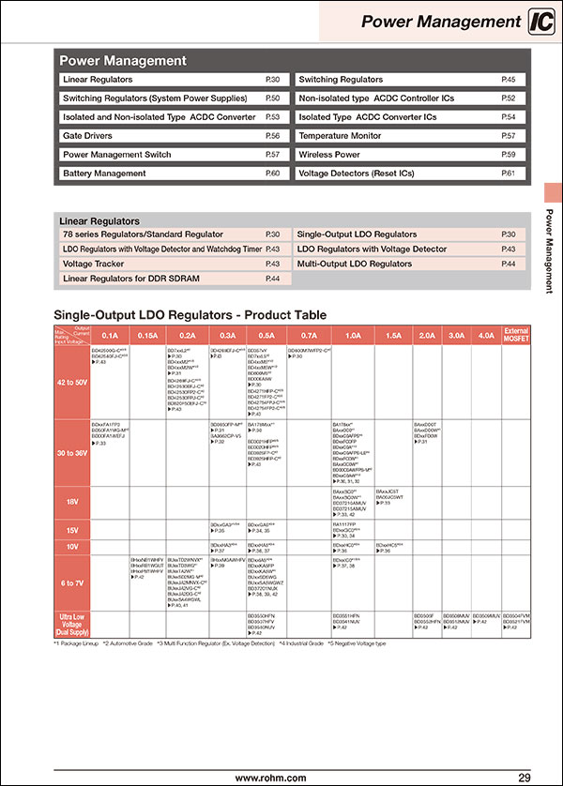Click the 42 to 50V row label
[73, 383]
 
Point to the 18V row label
[73, 503]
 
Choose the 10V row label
[73, 545]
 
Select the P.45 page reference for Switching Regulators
[508, 80]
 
